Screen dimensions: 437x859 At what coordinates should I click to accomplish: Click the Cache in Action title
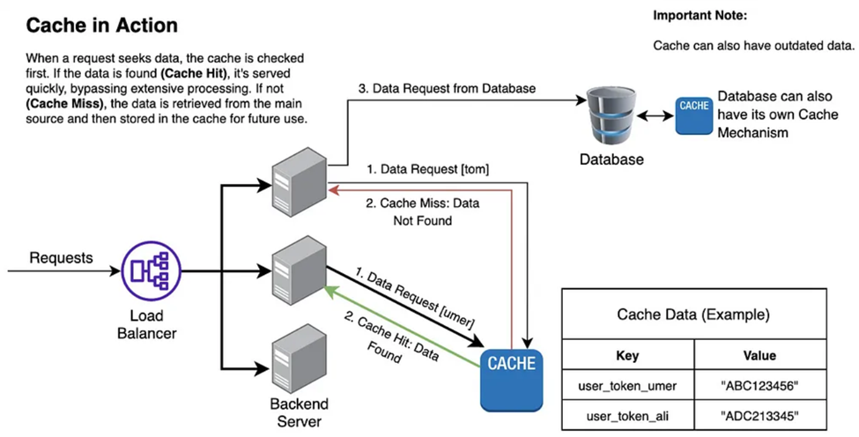[x=101, y=26]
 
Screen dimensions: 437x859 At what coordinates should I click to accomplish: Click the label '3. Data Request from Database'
[x=446, y=89]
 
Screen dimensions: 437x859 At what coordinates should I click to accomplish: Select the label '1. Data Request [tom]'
[x=426, y=168]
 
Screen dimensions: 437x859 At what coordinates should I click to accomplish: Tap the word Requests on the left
[x=63, y=257]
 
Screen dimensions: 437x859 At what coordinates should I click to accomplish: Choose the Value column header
[x=759, y=356]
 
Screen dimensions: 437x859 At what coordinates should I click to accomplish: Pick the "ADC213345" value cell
[x=759, y=414]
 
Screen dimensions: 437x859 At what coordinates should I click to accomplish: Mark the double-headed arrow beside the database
[x=657, y=116]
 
